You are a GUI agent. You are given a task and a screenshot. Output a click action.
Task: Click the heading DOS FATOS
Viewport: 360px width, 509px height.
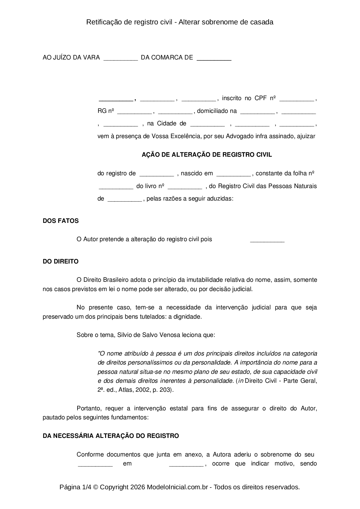61,221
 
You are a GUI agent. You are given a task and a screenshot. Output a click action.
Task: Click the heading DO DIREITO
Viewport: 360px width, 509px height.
61,261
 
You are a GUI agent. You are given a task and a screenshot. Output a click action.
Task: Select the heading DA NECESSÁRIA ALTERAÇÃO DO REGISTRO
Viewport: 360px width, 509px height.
111,436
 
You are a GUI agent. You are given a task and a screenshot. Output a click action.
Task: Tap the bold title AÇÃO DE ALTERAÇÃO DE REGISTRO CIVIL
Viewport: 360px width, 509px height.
207,155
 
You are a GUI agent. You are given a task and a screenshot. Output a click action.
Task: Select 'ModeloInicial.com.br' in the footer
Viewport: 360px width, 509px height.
177,487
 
